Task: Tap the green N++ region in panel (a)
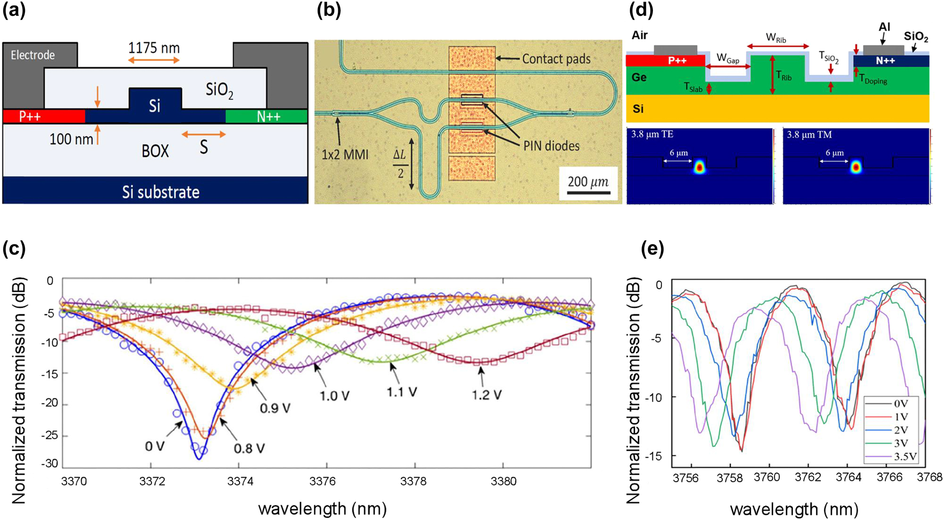point(267,116)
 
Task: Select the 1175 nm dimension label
point(154,48)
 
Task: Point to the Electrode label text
point(33,55)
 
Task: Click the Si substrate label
point(160,192)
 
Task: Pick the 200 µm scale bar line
point(588,193)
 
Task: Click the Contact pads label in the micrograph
point(556,59)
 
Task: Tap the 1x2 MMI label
point(344,154)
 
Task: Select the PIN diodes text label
point(551,146)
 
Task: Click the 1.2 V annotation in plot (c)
point(486,394)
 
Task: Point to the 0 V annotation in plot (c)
point(154,446)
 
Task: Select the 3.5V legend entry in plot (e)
point(905,456)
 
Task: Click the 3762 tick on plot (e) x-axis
point(808,477)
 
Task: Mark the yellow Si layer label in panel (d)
point(638,109)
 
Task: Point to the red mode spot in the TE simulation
point(699,167)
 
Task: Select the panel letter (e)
point(652,247)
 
